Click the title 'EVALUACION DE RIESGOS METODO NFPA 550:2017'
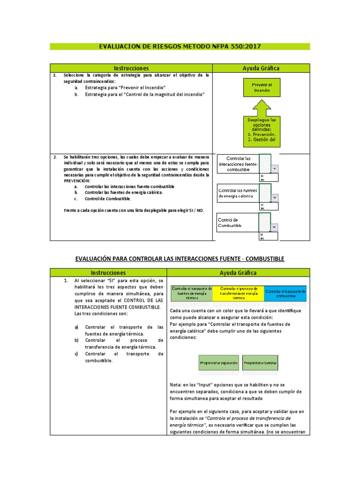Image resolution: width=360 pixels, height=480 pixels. pyautogui.click(x=180, y=46)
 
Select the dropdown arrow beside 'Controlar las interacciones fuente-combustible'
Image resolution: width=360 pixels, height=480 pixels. pyautogui.click(x=275, y=169)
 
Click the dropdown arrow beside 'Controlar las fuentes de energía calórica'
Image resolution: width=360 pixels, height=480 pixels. pyautogui.click(x=275, y=198)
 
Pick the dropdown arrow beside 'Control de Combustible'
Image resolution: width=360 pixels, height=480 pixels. pyautogui.click(x=275, y=227)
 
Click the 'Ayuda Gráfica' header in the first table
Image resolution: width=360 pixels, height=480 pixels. pyautogui.click(x=261, y=68)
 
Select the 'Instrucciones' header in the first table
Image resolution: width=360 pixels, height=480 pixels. pyautogui.click(x=131, y=68)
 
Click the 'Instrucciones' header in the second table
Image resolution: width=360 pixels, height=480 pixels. pyautogui.click(x=108, y=272)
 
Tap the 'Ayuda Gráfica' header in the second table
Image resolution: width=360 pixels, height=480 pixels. pyautogui.click(x=238, y=272)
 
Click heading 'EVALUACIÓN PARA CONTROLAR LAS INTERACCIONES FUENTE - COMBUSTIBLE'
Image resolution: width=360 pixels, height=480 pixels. pyautogui.click(x=180, y=259)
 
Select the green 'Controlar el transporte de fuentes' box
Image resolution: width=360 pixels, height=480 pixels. pyautogui.click(x=192, y=293)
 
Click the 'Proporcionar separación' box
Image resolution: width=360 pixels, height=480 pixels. pyautogui.click(x=219, y=363)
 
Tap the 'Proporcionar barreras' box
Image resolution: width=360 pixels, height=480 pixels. pyautogui.click(x=260, y=363)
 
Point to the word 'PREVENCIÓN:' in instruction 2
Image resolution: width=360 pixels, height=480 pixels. pyautogui.click(x=76, y=180)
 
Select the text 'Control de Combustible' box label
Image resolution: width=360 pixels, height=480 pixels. pyautogui.click(x=230, y=223)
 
